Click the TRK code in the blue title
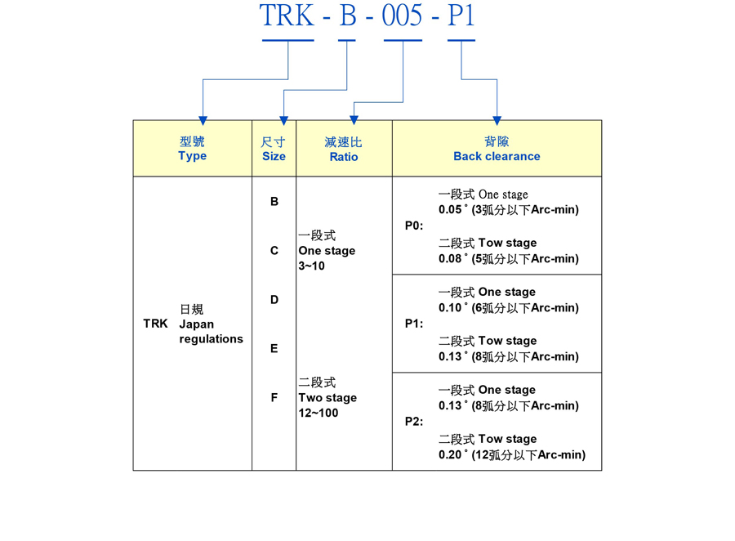[287, 16]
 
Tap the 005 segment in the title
[403, 16]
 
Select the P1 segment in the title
[461, 16]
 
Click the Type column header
[193, 155]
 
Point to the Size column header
[274, 155]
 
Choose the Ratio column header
[344, 156]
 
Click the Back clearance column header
[497, 156]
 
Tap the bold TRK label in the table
[155, 324]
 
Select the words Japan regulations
[211, 331]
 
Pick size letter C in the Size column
[274, 251]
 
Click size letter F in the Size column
[274, 398]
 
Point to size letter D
[274, 300]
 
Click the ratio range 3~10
[311, 266]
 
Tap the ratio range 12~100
[318, 414]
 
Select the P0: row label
[414, 226]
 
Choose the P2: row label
[414, 422]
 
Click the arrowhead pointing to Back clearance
[497, 120]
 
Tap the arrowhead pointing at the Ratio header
[354, 120]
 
